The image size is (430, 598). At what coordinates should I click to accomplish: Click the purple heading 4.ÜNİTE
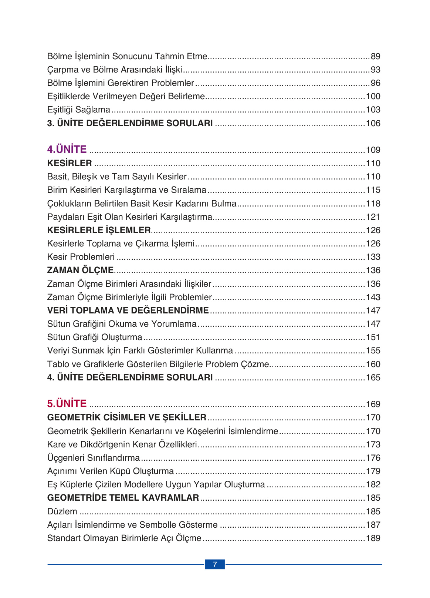[67, 149]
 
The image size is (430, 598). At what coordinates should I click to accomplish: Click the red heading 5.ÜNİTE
[67, 403]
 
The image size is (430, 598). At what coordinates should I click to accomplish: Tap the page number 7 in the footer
[214, 564]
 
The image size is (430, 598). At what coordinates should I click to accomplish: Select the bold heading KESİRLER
[70, 163]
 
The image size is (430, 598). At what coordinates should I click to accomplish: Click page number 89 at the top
[375, 56]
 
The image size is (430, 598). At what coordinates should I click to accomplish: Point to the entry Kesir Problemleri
[81, 257]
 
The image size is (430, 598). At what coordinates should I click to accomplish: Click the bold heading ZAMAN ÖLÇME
[80, 270]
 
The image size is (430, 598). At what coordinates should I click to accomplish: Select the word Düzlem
[62, 511]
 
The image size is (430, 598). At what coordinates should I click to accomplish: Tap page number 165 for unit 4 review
[373, 377]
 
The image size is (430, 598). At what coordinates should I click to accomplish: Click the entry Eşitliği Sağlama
[79, 110]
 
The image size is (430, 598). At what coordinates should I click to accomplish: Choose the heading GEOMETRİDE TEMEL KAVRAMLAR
[123, 498]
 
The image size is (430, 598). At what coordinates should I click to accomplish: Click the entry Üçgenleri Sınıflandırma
[94, 458]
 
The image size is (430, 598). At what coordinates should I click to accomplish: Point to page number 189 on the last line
[373, 538]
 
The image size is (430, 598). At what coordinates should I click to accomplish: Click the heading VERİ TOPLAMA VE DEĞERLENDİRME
[128, 310]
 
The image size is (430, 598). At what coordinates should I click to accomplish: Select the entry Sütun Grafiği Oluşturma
[95, 337]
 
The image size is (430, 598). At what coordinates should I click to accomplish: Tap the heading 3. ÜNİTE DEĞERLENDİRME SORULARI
[130, 123]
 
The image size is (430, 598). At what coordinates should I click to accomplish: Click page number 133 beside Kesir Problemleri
[373, 257]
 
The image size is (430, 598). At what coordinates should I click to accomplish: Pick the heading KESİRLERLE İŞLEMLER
[99, 230]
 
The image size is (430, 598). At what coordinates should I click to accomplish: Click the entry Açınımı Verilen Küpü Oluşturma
[111, 471]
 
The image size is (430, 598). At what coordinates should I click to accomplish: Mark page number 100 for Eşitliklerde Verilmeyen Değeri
[373, 96]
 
